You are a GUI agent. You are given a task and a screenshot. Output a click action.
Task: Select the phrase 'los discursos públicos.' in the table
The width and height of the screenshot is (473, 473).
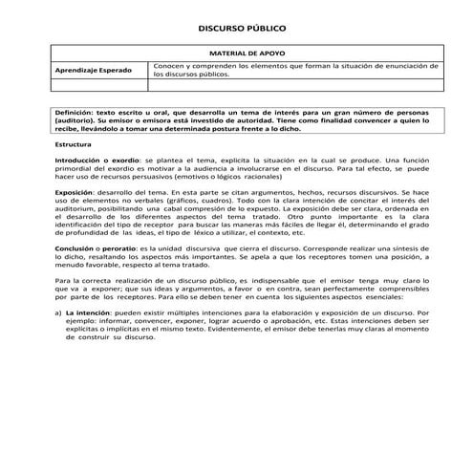pyautogui.click(x=192, y=73)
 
